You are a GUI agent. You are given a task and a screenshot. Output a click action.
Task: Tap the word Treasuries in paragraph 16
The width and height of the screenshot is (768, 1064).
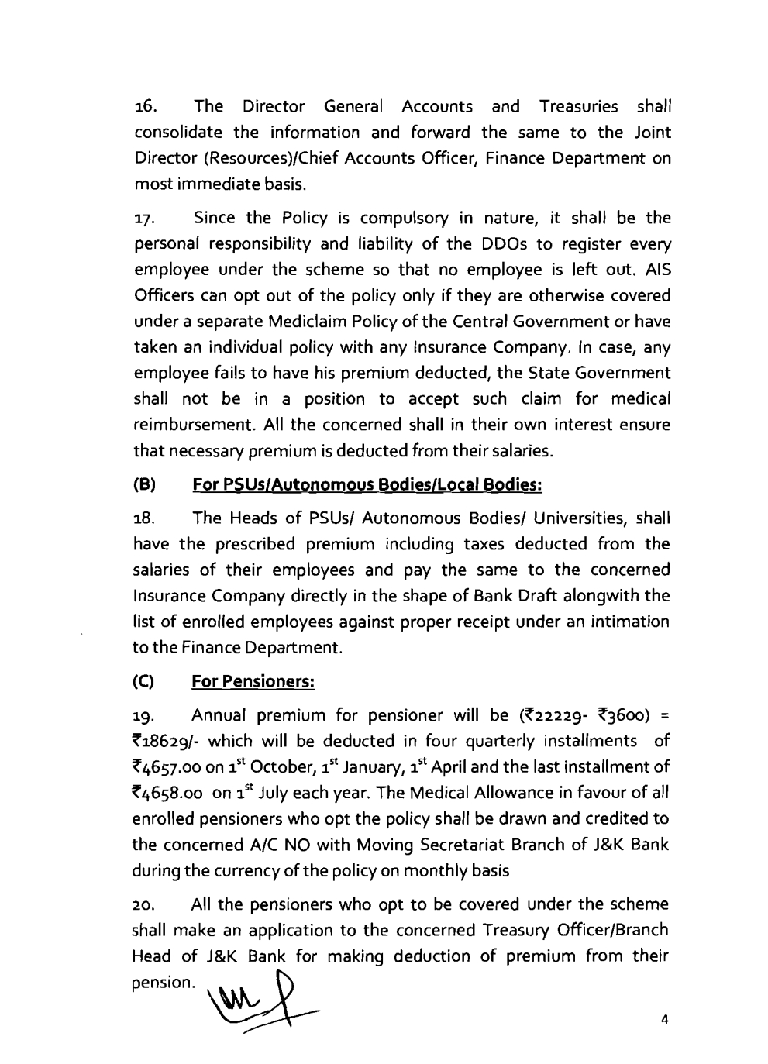[x=579, y=106]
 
